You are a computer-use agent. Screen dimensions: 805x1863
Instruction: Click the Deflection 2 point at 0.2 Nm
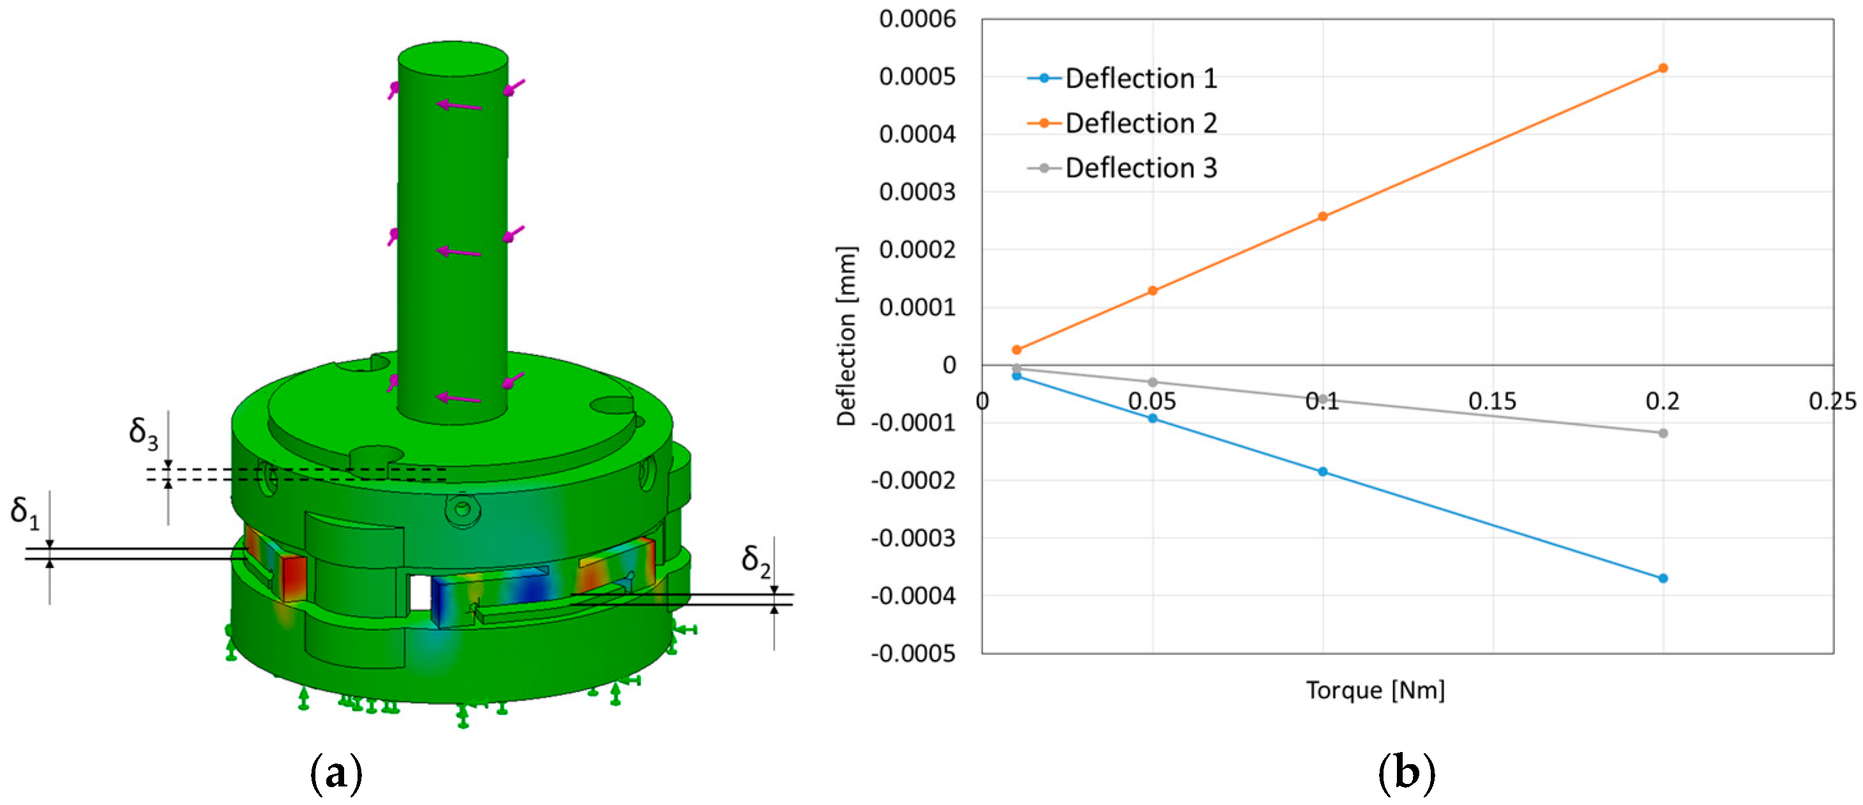pos(1663,68)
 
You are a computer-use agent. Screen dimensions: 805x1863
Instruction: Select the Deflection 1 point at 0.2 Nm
pos(1663,578)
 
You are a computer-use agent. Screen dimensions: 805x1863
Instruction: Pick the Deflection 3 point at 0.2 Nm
pos(1663,433)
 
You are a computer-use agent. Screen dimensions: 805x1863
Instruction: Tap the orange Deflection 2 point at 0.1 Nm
pos(1323,216)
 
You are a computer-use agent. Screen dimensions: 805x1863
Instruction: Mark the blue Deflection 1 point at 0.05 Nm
pos(1153,418)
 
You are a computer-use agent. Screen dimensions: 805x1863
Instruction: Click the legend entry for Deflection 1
pos(1140,78)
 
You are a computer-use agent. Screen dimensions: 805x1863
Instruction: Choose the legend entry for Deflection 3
pos(1140,168)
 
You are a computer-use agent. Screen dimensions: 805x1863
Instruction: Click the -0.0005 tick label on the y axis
pos(913,654)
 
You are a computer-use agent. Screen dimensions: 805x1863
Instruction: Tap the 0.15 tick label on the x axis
pos(1492,402)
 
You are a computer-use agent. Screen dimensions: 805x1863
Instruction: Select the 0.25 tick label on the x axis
pos(1831,402)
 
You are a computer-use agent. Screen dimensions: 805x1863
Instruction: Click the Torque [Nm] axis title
pos(1375,690)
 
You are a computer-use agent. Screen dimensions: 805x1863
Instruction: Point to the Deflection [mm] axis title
pos(846,336)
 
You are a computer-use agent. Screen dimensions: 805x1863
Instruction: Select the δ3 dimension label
pos(143,433)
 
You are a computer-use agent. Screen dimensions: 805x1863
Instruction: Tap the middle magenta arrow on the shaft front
pos(459,252)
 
